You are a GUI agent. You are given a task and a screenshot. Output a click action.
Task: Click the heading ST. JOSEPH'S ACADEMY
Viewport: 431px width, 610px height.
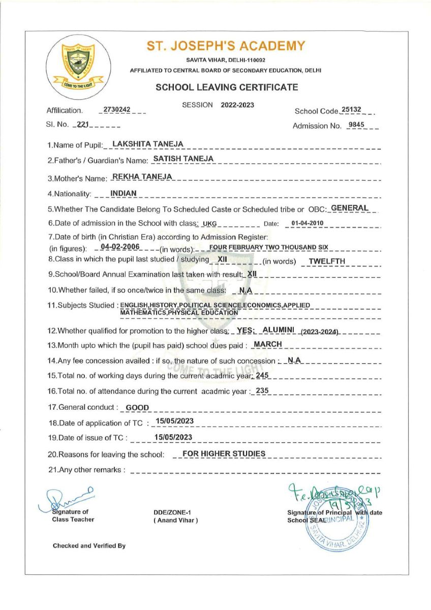point(226,46)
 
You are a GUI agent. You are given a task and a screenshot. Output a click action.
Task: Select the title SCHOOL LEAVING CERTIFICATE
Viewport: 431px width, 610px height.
point(227,87)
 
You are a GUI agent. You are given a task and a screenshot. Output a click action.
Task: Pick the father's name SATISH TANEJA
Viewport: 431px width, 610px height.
point(183,159)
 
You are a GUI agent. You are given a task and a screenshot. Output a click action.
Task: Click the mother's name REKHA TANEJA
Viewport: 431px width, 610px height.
point(142,176)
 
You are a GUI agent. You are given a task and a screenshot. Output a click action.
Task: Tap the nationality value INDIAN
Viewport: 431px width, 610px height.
point(124,193)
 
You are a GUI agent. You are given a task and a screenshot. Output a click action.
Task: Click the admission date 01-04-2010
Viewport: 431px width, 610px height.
point(307,223)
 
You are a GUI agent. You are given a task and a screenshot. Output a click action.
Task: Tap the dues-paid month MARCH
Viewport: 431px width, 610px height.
point(268,344)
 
